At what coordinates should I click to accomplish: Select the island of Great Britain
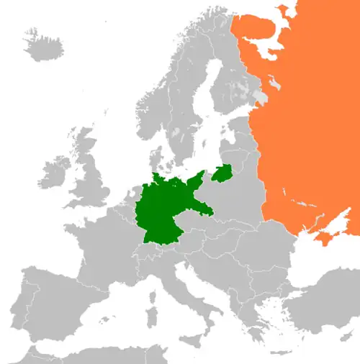point(89,173)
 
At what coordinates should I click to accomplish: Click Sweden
point(184,108)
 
